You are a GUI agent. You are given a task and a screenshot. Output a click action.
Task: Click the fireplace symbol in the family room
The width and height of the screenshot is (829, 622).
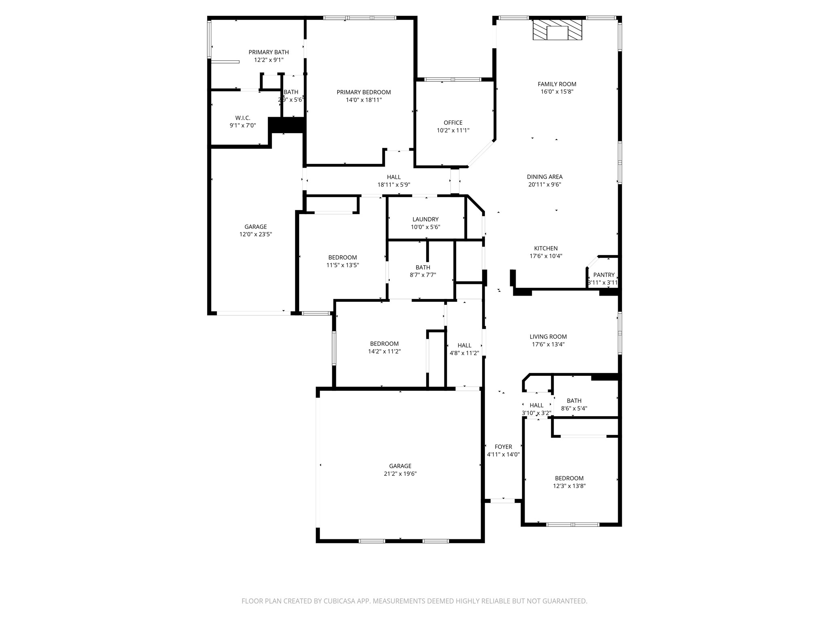[557, 30]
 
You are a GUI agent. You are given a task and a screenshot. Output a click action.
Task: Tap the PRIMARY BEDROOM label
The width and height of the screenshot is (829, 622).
[363, 92]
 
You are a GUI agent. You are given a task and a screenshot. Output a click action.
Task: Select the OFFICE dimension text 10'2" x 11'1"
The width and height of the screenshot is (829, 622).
[453, 130]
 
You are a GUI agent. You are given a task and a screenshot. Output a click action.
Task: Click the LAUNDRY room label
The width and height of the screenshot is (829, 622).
[425, 219]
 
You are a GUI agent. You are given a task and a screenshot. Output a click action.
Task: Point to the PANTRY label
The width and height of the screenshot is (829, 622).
[604, 275]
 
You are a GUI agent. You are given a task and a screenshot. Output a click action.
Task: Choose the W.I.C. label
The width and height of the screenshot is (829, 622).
[243, 118]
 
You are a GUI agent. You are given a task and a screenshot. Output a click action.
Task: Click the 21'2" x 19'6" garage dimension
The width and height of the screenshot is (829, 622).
[400, 474]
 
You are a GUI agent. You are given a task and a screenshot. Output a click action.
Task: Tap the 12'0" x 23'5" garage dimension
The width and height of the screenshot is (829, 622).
[255, 234]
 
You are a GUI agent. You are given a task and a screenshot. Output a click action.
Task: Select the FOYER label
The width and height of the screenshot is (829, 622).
[503, 447]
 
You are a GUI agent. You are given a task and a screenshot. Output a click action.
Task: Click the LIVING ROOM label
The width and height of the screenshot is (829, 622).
[548, 337]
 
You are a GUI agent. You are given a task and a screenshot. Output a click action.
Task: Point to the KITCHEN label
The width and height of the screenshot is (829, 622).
[546, 248]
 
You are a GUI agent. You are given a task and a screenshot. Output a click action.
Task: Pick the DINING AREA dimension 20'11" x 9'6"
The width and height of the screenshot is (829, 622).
[544, 184]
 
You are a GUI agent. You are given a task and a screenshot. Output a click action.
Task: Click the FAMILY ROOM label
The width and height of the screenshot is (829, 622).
[557, 84]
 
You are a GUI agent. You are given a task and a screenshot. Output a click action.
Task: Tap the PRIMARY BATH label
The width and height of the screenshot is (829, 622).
[268, 52]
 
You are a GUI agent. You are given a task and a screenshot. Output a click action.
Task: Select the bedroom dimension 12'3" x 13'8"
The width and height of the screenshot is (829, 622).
[569, 486]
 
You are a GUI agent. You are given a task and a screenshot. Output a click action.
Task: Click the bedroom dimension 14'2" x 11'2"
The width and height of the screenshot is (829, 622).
[384, 351]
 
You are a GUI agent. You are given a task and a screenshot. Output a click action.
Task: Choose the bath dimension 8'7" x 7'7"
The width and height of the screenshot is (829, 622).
[423, 275]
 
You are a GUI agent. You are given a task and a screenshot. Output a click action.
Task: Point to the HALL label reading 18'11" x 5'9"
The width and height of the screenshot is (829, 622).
[393, 177]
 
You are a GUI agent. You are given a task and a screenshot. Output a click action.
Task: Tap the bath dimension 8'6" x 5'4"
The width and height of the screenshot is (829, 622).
[574, 409]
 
